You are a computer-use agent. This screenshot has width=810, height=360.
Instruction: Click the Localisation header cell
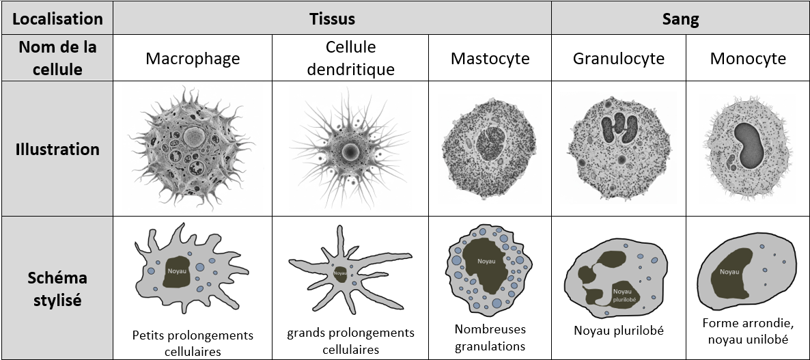(x=57, y=18)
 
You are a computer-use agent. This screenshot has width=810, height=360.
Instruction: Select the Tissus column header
(x=332, y=18)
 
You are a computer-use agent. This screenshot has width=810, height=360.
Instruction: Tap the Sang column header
(x=680, y=18)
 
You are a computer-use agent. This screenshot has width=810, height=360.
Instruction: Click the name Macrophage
(x=193, y=58)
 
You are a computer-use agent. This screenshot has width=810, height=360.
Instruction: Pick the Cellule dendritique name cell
(x=350, y=58)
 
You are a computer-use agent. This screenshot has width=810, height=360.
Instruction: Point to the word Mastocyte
(x=490, y=58)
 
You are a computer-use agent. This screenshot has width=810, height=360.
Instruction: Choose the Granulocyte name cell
(x=619, y=58)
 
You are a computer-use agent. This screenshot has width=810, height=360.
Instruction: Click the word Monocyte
(x=748, y=58)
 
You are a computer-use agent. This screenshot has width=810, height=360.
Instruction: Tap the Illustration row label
(x=57, y=149)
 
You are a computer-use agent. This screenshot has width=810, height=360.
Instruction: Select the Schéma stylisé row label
(x=57, y=288)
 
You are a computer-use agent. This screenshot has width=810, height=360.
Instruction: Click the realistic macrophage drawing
(x=192, y=148)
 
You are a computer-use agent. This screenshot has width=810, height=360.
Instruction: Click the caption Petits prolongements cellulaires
(x=193, y=343)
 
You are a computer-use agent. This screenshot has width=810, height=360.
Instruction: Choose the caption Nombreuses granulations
(x=490, y=337)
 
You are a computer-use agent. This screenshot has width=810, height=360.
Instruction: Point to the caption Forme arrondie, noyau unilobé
(x=747, y=331)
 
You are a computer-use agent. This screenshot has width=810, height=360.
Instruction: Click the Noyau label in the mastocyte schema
(x=486, y=262)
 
